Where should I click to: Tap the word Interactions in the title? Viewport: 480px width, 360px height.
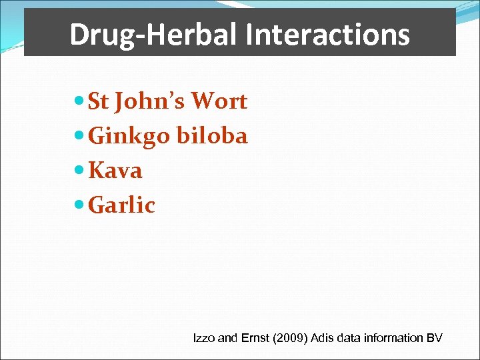coord(327,35)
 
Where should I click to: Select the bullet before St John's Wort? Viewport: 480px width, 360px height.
coord(80,101)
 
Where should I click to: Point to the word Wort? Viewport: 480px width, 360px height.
coord(219,101)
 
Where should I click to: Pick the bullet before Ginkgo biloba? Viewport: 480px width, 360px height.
coord(80,136)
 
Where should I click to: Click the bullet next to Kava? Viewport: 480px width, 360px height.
coord(80,171)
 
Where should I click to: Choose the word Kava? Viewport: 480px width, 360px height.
coord(115,171)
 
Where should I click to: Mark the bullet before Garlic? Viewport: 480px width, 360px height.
coord(80,205)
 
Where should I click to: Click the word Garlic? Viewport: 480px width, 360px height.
coord(121,205)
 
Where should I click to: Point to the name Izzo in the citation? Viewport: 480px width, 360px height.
coord(203,338)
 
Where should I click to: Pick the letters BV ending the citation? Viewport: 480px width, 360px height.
coord(435,338)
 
